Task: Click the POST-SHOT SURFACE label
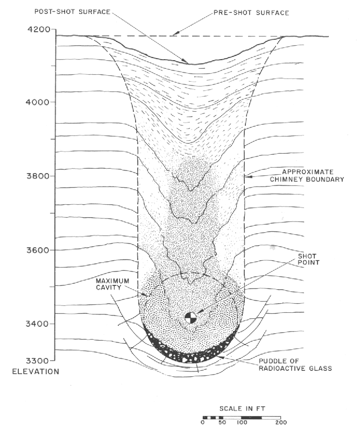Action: pyautogui.click(x=72, y=12)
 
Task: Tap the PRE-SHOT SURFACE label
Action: pyautogui.click(x=251, y=13)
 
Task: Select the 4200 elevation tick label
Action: pyautogui.click(x=38, y=29)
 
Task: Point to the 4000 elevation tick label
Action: pyautogui.click(x=37, y=102)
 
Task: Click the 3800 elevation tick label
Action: pyautogui.click(x=38, y=176)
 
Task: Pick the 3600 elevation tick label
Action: pyautogui.click(x=38, y=250)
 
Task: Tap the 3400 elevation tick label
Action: pyautogui.click(x=37, y=324)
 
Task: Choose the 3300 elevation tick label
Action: pyautogui.click(x=37, y=360)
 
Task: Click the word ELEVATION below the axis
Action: pyautogui.click(x=36, y=371)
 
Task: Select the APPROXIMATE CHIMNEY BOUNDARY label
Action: pyautogui.click(x=307, y=176)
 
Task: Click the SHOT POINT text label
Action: pyautogui.click(x=309, y=260)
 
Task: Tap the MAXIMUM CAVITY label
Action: pyautogui.click(x=112, y=284)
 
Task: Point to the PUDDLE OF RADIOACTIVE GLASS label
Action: pyautogui.click(x=295, y=365)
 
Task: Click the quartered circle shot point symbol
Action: pyautogui.click(x=190, y=318)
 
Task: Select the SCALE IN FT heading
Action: pyautogui.click(x=242, y=408)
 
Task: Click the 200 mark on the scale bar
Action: pyautogui.click(x=281, y=422)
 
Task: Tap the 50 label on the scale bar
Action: pyautogui.click(x=222, y=422)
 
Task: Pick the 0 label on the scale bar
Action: pyautogui.click(x=203, y=422)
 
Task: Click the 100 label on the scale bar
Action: pyautogui.click(x=242, y=422)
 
